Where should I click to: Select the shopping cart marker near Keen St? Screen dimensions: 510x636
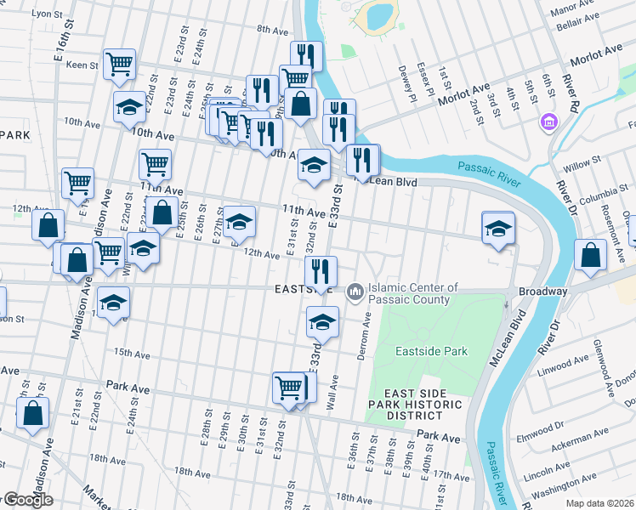click(x=119, y=64)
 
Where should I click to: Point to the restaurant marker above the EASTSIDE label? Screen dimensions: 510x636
click(x=321, y=272)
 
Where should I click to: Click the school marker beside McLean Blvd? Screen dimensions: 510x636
click(x=498, y=229)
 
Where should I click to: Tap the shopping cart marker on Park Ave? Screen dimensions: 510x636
click(x=289, y=388)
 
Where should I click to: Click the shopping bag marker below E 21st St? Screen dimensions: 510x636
click(x=32, y=416)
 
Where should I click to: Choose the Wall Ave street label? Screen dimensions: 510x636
click(x=334, y=398)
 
